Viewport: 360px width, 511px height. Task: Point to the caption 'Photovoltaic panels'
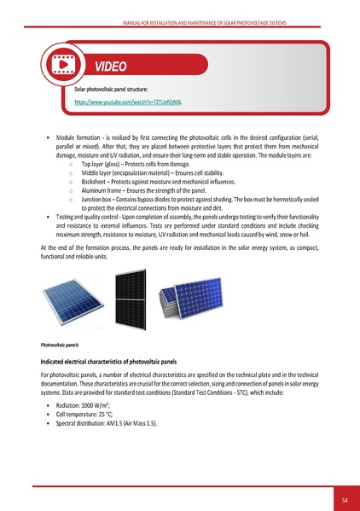[x=61, y=346]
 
